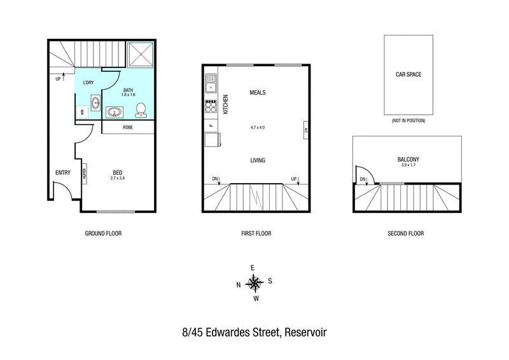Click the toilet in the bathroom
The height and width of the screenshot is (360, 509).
[141, 111]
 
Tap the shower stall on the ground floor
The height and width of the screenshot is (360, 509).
[140, 55]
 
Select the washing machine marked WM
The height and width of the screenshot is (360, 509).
[82, 112]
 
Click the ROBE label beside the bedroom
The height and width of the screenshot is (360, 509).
[128, 127]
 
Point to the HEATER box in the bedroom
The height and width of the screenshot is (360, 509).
[85, 174]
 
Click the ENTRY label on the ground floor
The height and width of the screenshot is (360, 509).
[62, 173]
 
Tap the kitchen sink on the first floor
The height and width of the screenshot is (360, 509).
[211, 83]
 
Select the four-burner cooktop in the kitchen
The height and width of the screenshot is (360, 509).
[211, 106]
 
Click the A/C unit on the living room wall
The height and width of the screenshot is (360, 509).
[305, 130]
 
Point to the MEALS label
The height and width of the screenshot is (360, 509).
[258, 92]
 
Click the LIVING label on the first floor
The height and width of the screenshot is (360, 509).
[258, 160]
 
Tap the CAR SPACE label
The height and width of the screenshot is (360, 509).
[408, 74]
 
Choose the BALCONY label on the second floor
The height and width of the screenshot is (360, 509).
[408, 159]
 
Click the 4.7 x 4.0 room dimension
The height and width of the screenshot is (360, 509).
[258, 128]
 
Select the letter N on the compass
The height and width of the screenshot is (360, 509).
[238, 285]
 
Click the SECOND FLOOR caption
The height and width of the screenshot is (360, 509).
[406, 233]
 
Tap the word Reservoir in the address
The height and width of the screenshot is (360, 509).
[305, 333]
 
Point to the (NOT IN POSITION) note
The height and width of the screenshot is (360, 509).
[408, 120]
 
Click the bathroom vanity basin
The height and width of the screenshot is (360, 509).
[115, 113]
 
